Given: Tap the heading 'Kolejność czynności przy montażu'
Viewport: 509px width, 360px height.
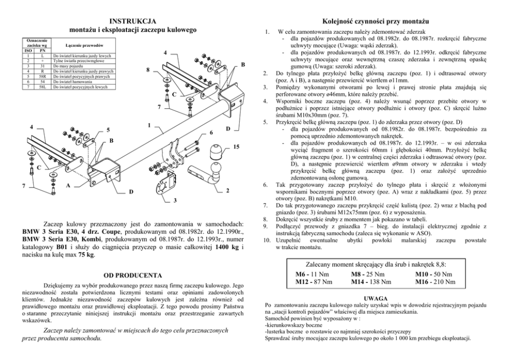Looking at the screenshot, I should tap(374, 21).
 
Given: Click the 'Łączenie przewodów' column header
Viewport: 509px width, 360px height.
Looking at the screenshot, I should tap(83, 46).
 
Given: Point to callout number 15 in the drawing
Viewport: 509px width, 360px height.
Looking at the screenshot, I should tap(236, 148).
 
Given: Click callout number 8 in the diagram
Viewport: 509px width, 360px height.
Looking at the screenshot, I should tap(148, 69).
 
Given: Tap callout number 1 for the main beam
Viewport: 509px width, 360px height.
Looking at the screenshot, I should tap(149, 125).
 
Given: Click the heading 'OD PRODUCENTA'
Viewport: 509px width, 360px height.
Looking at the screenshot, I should tap(133, 275).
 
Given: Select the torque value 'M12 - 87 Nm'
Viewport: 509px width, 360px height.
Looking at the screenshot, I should tap(314, 281).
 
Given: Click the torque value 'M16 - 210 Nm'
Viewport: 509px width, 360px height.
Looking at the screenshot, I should tap(435, 281).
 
